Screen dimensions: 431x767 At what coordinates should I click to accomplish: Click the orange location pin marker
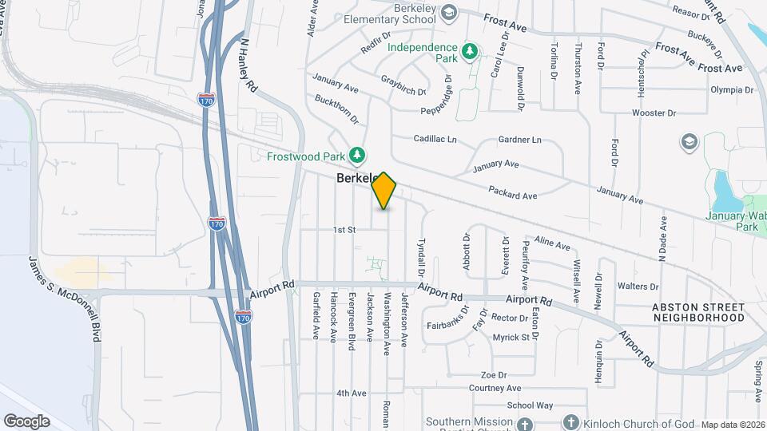point(384,191)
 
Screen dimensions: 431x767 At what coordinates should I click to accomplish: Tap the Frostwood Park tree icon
point(360,153)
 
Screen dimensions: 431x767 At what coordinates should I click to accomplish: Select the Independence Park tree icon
point(471,50)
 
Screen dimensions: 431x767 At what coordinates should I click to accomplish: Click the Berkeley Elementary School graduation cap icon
point(449,12)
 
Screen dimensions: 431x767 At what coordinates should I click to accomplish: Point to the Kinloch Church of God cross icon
point(571,422)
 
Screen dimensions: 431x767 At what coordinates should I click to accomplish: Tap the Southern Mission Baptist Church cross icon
point(523,424)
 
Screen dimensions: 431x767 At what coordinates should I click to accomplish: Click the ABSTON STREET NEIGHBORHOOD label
point(698,312)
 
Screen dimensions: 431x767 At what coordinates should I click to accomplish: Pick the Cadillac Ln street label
point(435,139)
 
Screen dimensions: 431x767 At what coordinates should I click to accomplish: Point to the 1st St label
point(344,229)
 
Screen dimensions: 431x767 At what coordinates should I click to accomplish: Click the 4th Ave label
point(351,393)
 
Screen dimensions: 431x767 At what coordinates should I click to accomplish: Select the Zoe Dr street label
point(494,374)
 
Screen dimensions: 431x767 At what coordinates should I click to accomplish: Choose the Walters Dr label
point(638,286)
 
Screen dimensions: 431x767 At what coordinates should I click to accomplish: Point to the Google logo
point(26,421)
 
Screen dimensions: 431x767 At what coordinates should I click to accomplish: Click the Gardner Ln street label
point(519,140)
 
